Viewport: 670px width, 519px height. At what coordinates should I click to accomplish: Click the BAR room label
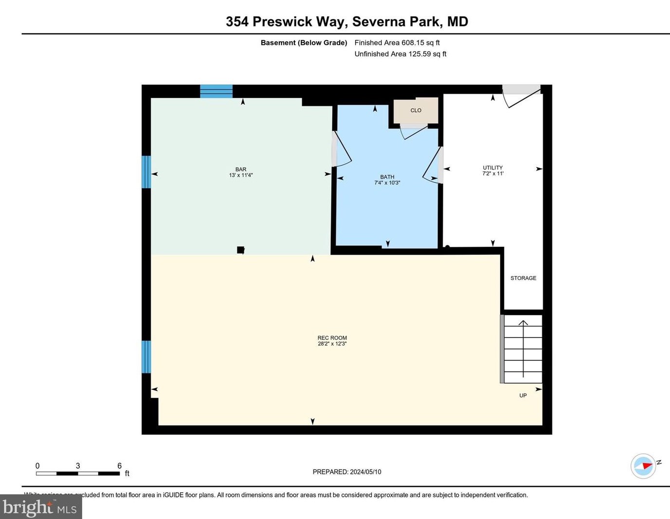[x=241, y=169]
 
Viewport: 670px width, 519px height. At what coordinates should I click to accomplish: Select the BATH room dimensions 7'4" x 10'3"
[x=387, y=183]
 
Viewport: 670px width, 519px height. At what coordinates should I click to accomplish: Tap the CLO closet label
[x=416, y=111]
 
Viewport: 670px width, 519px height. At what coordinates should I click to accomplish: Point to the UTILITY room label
[x=492, y=167]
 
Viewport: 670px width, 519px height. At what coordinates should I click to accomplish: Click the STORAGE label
[x=523, y=278]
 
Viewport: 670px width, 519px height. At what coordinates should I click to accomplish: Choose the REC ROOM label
[x=332, y=337]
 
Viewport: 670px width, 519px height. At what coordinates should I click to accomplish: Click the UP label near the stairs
[x=523, y=395]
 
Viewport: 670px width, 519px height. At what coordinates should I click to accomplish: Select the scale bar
[x=78, y=473]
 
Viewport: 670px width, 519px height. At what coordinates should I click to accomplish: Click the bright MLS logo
[x=40, y=507]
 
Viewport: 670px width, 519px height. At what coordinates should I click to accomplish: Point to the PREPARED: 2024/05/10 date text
[x=346, y=472]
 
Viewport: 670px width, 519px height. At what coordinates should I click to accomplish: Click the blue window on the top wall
[x=216, y=91]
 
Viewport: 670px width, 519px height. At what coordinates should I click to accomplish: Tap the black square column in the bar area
[x=240, y=250]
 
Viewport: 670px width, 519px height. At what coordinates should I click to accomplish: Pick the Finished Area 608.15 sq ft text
[x=397, y=43]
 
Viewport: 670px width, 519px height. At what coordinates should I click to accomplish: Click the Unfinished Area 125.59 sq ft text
[x=400, y=54]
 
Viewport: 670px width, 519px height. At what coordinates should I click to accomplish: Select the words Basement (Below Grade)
[x=304, y=43]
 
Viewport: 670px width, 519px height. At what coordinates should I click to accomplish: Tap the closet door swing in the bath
[x=414, y=131]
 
